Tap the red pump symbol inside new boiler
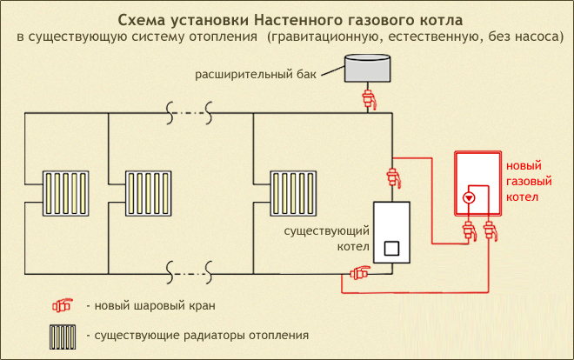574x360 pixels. [469, 197]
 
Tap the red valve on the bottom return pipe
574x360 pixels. [359, 274]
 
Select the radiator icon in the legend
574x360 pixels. [62, 334]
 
